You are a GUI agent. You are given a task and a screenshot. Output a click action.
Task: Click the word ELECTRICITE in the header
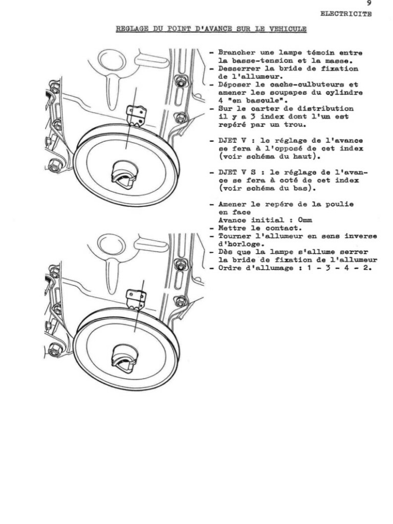pos(346,14)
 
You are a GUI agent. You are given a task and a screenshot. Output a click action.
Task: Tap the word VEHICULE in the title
pos(288,29)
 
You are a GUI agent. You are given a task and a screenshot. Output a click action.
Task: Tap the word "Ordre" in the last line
pos(230,268)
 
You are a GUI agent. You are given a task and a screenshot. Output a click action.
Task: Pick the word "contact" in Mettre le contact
pos(283,228)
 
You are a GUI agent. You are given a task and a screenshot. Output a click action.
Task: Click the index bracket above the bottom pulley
pos(137,298)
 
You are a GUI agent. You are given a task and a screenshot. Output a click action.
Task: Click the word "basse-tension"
pos(249,61)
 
